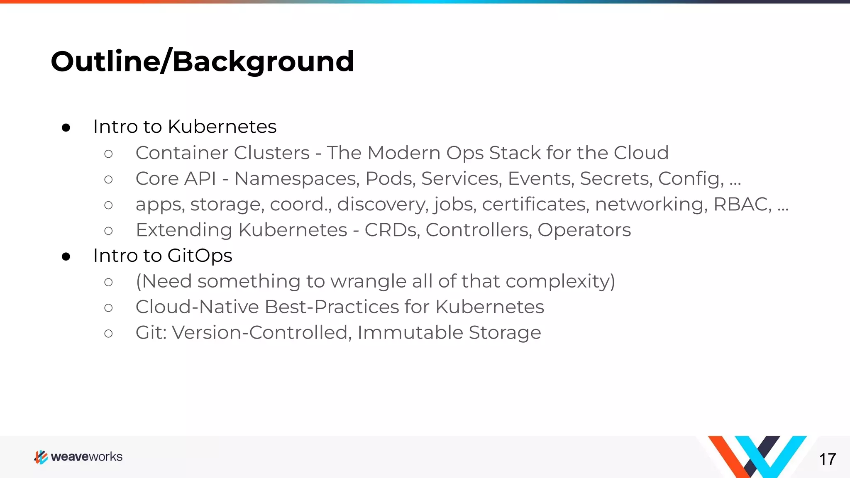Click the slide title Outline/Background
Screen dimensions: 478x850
pos(202,61)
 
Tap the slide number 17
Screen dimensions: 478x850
pos(827,459)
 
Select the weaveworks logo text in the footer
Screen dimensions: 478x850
pos(86,457)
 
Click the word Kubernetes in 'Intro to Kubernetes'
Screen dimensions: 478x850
pos(222,127)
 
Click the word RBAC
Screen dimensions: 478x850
pos(742,204)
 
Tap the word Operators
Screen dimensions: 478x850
pos(584,230)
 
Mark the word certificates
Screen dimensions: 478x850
pos(535,204)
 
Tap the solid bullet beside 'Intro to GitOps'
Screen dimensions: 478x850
pos(66,257)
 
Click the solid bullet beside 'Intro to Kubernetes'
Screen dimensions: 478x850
pos(66,128)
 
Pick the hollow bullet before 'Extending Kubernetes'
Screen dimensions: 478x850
pos(108,231)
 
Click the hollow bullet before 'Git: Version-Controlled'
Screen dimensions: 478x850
pos(108,334)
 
